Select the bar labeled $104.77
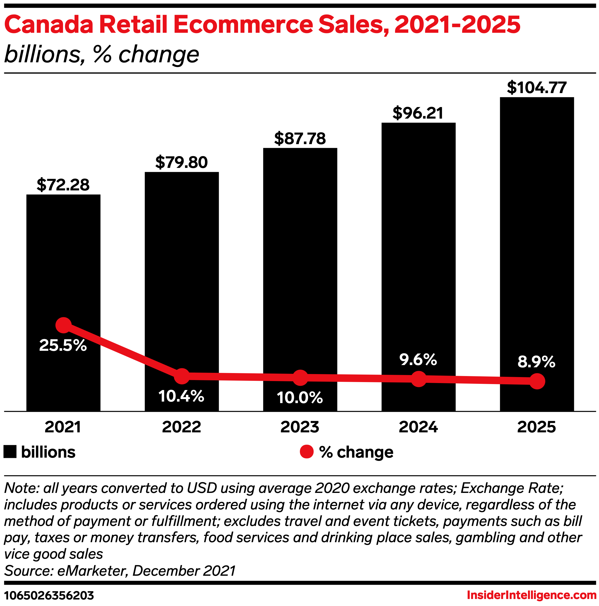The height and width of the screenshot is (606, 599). pyautogui.click(x=537, y=220)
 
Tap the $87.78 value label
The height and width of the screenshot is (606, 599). pyautogui.click(x=300, y=139)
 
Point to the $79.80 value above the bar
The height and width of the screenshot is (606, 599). pyautogui.click(x=181, y=162)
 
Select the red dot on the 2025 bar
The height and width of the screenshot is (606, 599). pyautogui.click(x=537, y=381)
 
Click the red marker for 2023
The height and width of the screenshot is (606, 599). pyautogui.click(x=300, y=378)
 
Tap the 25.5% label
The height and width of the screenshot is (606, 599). pyautogui.click(x=63, y=345)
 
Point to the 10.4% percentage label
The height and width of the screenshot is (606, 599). pyautogui.click(x=181, y=396)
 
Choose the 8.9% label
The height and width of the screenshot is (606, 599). pyautogui.click(x=536, y=362)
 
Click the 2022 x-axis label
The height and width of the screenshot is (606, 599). pyautogui.click(x=181, y=427)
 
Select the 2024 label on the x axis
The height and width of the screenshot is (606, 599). pyautogui.click(x=418, y=427)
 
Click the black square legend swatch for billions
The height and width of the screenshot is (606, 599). pyautogui.click(x=10, y=452)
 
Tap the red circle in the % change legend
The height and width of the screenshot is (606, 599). pyautogui.click(x=307, y=452)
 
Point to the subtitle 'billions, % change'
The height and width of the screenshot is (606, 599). pyautogui.click(x=101, y=54)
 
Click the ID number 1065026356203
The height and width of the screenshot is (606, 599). pyautogui.click(x=49, y=595)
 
